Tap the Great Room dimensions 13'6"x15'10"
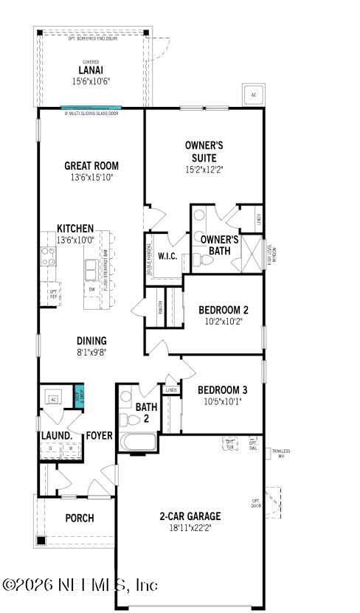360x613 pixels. [x=91, y=178]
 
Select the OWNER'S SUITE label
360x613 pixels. [x=204, y=151]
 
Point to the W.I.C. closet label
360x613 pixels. [x=166, y=256]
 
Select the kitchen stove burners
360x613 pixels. [x=49, y=256]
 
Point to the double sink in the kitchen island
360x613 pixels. [x=91, y=271]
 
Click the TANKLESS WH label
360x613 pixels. [x=281, y=454]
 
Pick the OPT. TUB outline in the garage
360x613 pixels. [x=229, y=443]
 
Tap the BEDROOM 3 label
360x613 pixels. [x=222, y=389]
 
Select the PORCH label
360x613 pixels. [x=79, y=518]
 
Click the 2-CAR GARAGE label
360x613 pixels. [x=190, y=516]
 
